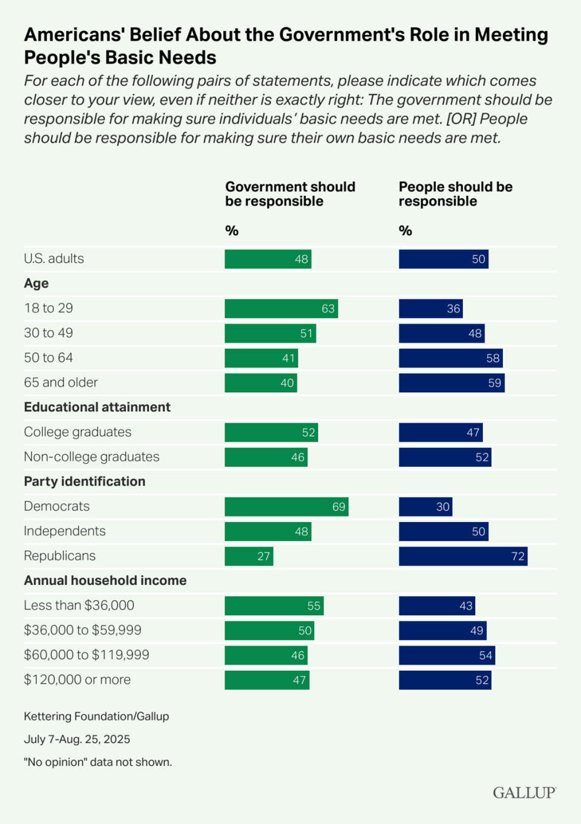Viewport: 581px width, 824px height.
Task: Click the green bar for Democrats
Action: (286, 507)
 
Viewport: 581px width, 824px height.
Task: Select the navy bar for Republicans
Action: (463, 556)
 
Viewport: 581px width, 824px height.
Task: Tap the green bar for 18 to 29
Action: (281, 309)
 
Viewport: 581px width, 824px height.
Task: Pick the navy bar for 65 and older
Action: (451, 383)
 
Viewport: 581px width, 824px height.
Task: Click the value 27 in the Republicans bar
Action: (264, 556)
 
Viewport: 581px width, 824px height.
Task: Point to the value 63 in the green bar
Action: (328, 309)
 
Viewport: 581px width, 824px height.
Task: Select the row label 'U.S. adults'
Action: (54, 259)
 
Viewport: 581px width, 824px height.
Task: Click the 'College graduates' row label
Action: (77, 432)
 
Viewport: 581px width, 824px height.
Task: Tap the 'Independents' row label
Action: (65, 532)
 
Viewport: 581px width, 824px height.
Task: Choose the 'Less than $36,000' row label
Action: (79, 605)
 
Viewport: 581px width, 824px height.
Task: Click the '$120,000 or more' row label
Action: (77, 680)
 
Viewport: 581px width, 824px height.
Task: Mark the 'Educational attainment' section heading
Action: (97, 407)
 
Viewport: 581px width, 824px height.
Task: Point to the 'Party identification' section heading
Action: (84, 482)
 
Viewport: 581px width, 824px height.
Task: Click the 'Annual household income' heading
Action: (105, 581)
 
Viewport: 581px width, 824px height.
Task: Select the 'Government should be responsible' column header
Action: (290, 194)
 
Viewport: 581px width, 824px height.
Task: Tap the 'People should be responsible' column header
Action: (455, 194)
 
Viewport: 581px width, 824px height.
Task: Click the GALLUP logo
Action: (524, 793)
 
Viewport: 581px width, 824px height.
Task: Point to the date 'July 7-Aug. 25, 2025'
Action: (77, 739)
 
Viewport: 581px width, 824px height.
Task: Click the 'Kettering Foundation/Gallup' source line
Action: (96, 716)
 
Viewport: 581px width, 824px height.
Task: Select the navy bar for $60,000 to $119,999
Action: (447, 656)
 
